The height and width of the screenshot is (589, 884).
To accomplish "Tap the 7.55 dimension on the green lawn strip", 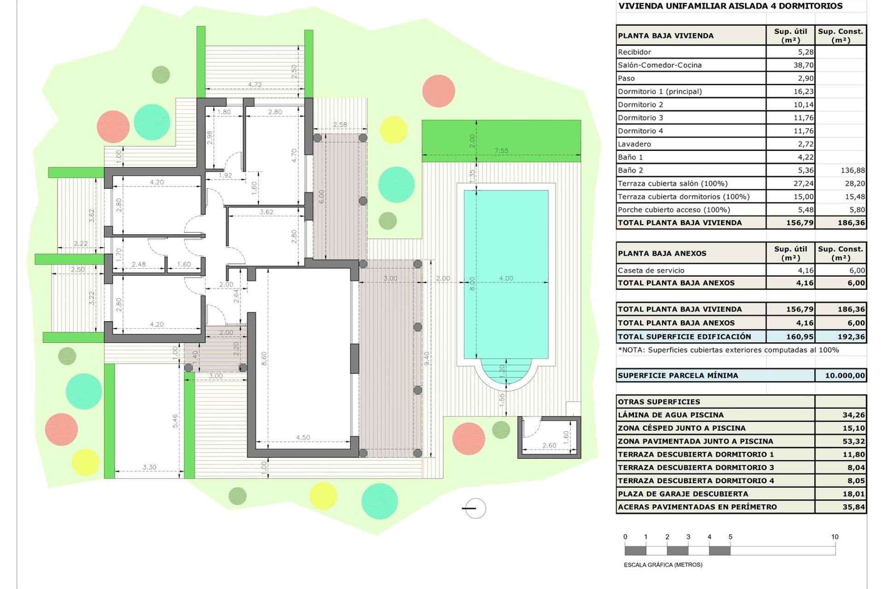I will click(501, 150).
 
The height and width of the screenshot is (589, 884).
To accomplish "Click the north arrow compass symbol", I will click(474, 508).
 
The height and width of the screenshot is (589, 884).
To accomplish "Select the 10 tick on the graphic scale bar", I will click(835, 537).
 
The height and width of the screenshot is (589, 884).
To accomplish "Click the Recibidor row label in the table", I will click(634, 52).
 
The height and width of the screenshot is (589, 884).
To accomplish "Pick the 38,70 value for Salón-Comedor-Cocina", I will click(803, 65).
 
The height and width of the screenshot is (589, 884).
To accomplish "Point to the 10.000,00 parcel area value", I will click(845, 375).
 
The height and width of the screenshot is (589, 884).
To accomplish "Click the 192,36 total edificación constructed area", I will click(851, 337).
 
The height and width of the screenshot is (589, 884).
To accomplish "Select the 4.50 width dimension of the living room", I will click(303, 438).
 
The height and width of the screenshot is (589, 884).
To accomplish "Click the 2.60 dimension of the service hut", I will click(549, 445).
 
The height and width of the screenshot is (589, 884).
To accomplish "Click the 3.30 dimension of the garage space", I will click(149, 467).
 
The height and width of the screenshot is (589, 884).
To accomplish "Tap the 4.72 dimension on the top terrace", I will click(255, 85).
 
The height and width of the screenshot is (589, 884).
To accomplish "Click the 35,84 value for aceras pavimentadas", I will click(854, 507).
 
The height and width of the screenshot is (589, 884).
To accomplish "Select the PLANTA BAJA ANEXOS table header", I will click(662, 254).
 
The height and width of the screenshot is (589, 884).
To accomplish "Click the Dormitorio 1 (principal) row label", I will click(660, 92).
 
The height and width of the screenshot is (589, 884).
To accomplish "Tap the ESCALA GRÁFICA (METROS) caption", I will click(663, 565).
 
